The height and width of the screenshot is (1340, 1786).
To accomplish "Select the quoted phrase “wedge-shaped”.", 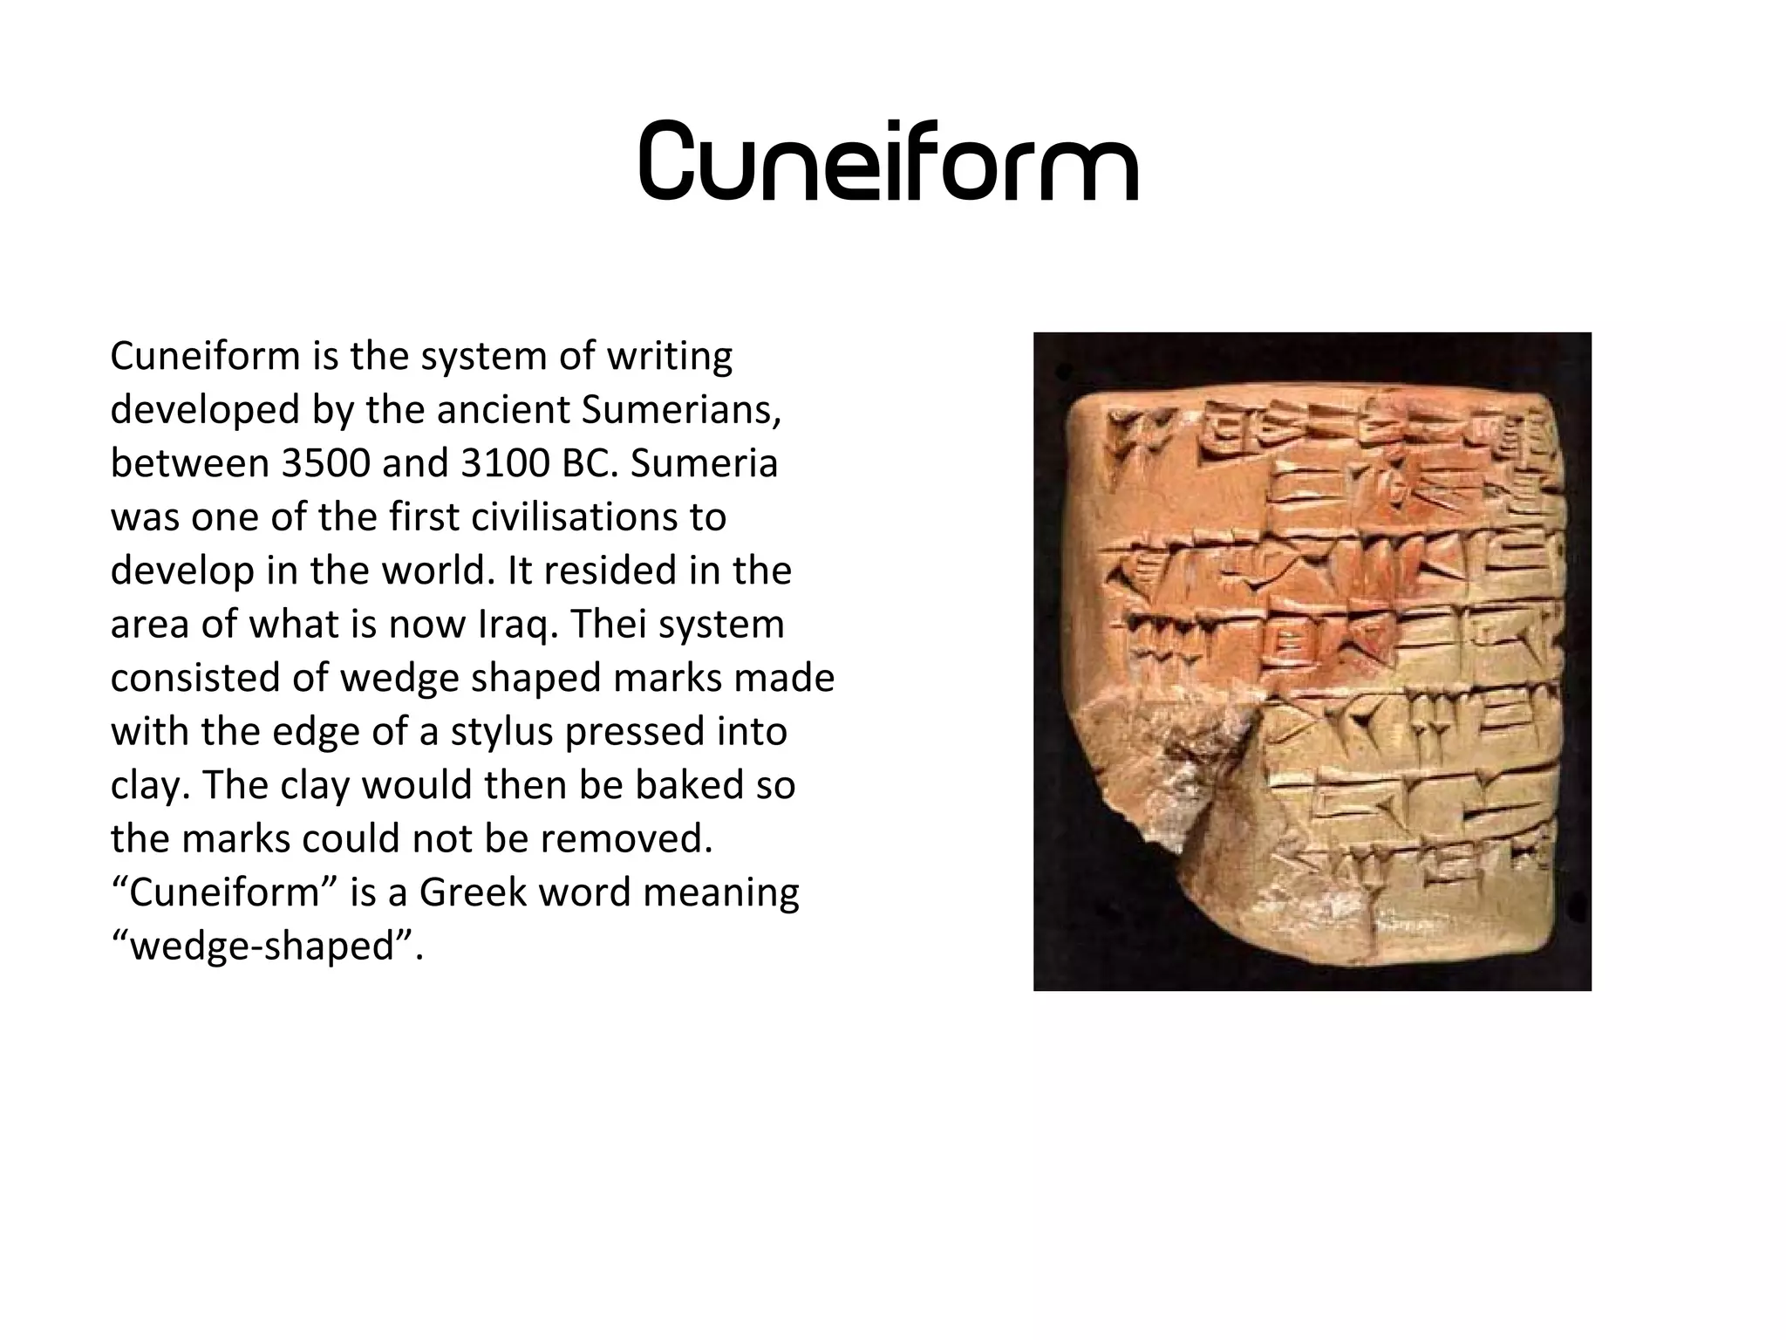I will pyautogui.click(x=267, y=947).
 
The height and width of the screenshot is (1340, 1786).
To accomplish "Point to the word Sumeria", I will pyautogui.click(x=704, y=463).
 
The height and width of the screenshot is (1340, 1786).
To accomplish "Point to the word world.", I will pyautogui.click(x=439, y=571).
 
